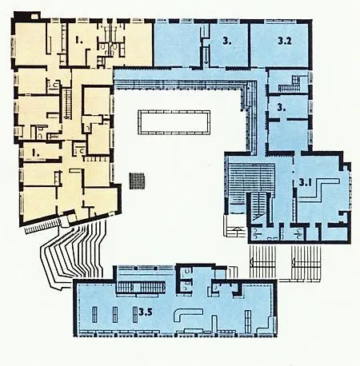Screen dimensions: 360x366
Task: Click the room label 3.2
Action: click(x=284, y=41)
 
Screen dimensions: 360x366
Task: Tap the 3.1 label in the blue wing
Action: click(x=306, y=182)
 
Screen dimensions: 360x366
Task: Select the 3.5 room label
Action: click(x=146, y=312)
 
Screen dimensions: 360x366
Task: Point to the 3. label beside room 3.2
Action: click(x=227, y=41)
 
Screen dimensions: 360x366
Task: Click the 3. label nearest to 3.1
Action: click(x=282, y=108)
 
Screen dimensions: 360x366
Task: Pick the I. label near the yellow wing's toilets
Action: click(x=78, y=41)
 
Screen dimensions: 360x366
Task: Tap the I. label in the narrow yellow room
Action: click(x=35, y=153)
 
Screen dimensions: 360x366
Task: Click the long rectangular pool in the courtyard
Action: click(x=174, y=122)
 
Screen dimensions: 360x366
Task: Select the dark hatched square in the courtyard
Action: click(x=137, y=181)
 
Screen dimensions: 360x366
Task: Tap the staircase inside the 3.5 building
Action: click(x=140, y=288)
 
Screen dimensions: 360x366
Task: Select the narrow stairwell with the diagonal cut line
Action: click(x=258, y=208)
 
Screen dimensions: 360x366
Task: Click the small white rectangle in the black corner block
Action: click(x=34, y=17)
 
